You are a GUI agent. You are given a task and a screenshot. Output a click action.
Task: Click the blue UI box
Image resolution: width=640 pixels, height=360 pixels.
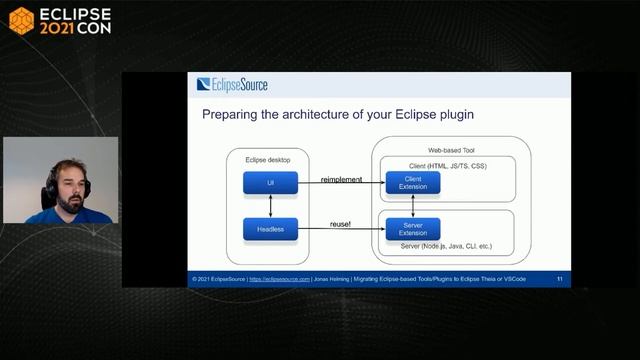[x=270, y=184]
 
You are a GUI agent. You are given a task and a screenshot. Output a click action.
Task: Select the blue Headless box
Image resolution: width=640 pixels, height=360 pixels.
[x=270, y=229]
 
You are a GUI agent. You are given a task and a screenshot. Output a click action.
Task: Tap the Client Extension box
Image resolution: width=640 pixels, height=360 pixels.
[x=413, y=183]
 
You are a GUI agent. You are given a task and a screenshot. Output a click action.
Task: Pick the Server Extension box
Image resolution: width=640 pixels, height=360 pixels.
[x=413, y=229]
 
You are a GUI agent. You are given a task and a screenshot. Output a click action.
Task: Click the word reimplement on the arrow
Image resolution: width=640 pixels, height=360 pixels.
[x=342, y=179]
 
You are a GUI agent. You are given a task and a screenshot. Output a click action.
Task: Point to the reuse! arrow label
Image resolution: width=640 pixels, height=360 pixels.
[x=340, y=224]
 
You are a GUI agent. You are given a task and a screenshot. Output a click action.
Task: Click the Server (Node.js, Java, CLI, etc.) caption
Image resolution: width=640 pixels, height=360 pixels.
[x=446, y=246]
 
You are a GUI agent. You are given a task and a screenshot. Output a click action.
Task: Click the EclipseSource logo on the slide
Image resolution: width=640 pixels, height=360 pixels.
[x=233, y=85]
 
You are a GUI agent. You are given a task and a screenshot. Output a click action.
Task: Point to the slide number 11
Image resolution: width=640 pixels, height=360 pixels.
[x=560, y=279]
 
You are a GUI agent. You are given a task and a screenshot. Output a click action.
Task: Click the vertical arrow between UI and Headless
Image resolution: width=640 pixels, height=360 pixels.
[x=270, y=206]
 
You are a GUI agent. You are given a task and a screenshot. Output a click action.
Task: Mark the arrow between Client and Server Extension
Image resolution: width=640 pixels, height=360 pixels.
[x=413, y=206]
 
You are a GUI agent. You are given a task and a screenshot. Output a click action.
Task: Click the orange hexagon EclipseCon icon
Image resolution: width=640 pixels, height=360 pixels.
[x=21, y=21]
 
